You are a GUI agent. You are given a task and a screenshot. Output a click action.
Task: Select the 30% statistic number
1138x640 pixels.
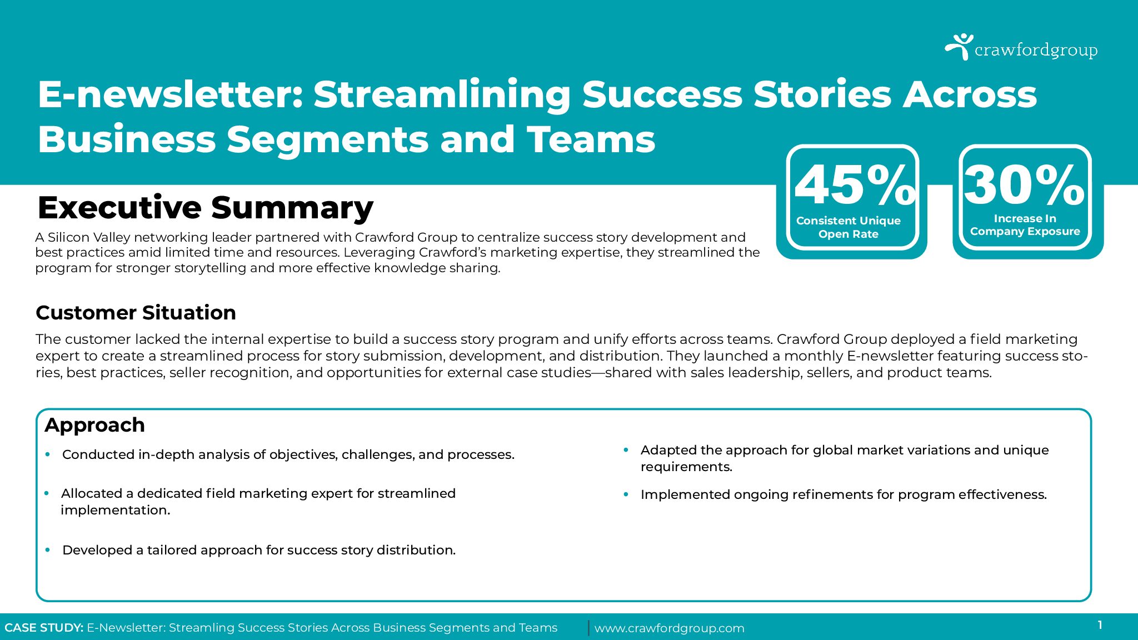coord(1025,185)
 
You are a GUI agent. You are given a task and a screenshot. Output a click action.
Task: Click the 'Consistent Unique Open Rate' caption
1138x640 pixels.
coord(848,227)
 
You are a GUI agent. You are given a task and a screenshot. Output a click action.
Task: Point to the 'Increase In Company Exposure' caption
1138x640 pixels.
coord(1025,225)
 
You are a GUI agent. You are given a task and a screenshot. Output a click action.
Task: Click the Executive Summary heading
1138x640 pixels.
coord(206,208)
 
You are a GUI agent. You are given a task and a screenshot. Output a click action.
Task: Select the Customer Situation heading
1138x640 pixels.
coord(136,313)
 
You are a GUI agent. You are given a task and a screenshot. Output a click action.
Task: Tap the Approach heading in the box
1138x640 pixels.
coord(94,426)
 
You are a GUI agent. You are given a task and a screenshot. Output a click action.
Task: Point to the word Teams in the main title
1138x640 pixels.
coord(591,139)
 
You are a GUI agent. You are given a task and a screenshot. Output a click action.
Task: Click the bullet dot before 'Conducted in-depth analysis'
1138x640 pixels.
coord(48,454)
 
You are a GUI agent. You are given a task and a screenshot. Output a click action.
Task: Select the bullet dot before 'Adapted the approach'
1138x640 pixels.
coord(626,450)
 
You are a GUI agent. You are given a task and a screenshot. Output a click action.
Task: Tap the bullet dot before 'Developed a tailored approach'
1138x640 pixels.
coord(48,550)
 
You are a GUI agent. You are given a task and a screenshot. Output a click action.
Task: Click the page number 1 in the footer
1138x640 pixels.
coord(1100,625)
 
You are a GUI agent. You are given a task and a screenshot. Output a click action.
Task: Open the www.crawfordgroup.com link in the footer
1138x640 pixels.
coord(669,628)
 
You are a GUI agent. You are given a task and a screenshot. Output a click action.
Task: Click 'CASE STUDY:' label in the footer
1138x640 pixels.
coord(44,628)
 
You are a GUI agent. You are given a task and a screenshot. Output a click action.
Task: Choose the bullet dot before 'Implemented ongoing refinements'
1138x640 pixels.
coord(626,494)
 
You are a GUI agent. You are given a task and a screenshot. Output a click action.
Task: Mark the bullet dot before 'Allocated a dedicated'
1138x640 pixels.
coord(47,493)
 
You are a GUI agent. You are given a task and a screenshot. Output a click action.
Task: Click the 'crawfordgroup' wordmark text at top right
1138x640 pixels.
coord(1036,51)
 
